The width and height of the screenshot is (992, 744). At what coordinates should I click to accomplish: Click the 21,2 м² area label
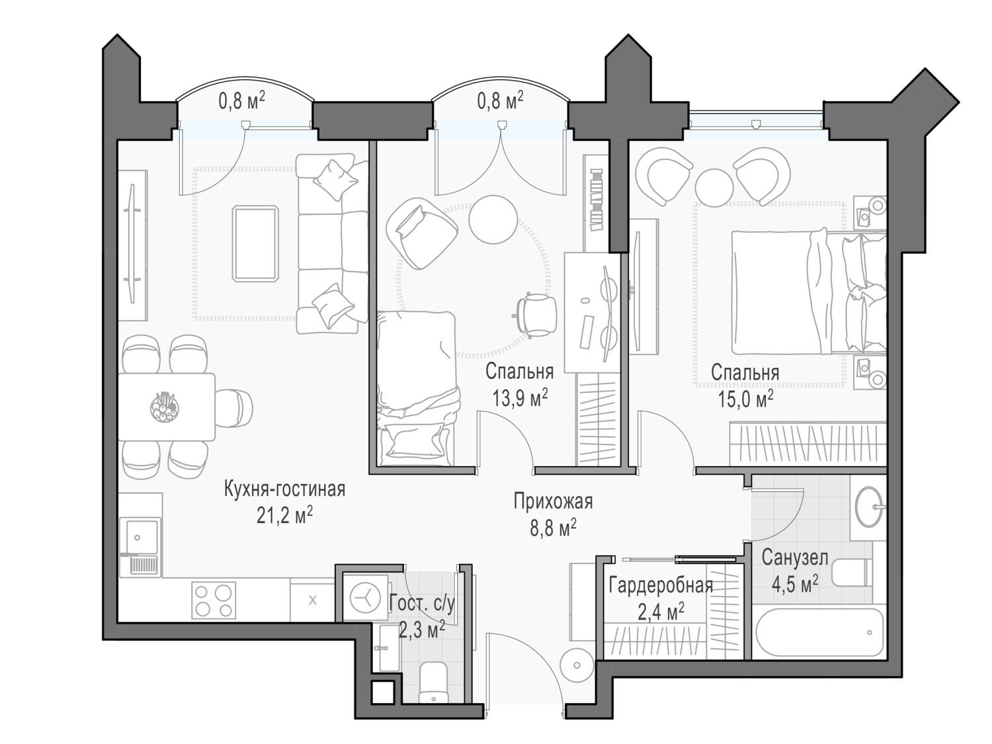[x=285, y=515]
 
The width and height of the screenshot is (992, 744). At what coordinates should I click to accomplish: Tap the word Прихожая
[x=553, y=501]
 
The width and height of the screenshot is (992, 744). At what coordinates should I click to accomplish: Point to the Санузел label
[x=795, y=558]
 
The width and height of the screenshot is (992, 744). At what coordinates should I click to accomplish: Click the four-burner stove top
[x=214, y=600]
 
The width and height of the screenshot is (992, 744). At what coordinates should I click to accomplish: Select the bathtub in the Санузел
[x=819, y=632]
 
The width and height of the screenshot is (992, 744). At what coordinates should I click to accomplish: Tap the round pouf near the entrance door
[x=577, y=665]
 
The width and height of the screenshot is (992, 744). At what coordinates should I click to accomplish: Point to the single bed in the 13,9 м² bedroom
[x=416, y=388]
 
